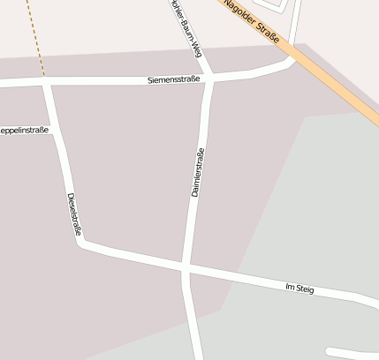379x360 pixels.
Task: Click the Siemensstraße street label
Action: [x=174, y=79]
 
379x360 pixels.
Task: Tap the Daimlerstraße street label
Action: [x=198, y=172]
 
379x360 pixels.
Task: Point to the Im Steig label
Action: [x=299, y=289]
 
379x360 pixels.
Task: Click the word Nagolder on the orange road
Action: [x=240, y=14]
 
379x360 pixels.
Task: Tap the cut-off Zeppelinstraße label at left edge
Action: [x=25, y=131]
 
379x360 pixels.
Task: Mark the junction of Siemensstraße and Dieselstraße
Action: [x=47, y=84]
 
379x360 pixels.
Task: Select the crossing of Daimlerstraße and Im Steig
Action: [x=184, y=266]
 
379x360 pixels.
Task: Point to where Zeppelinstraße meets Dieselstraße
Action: [x=56, y=131]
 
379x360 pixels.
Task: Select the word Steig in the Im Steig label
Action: [x=305, y=289]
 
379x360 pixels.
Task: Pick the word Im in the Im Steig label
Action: [x=289, y=287]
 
